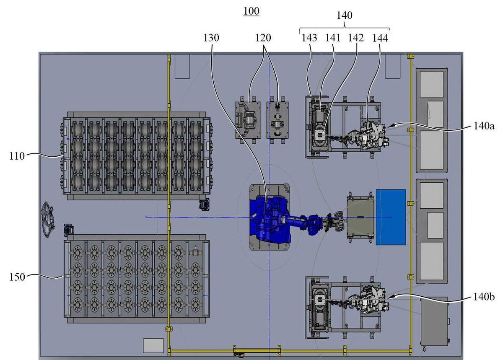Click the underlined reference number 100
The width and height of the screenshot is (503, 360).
point(251,11)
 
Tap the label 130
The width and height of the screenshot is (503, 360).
point(211,38)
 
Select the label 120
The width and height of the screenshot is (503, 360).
point(263,38)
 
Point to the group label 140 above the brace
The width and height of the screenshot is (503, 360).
point(344,16)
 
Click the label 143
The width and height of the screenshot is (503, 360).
point(309,38)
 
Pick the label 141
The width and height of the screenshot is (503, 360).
point(333,38)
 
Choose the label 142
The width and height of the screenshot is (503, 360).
point(356,38)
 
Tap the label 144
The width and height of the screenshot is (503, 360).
point(380,38)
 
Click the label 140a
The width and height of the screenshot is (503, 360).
point(484,126)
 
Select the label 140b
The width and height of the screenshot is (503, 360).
point(484,297)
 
